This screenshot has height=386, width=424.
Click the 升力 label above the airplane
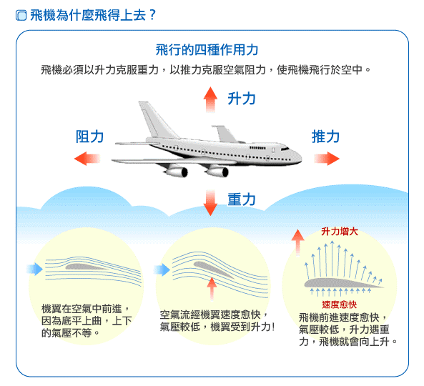tap(242, 99)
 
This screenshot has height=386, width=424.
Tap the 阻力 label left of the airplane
tap(89, 137)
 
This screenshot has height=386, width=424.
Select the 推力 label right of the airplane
tap(325, 137)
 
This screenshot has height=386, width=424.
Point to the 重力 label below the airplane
tap(242, 199)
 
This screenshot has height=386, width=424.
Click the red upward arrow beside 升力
tap(210, 99)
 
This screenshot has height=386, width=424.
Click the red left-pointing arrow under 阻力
tap(87, 159)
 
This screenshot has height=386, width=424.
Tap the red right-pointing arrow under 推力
tap(327, 159)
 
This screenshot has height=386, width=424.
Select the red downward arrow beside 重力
tap(210, 203)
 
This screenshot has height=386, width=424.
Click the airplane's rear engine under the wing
tap(177, 172)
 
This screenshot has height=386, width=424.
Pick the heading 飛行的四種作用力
tap(207, 50)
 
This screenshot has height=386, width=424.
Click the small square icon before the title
tap(21, 15)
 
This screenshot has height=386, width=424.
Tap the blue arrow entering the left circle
tap(34, 269)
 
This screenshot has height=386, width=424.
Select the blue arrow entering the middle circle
tap(162, 269)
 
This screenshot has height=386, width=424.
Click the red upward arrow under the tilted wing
tap(212, 289)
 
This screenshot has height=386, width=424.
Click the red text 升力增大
tap(340, 232)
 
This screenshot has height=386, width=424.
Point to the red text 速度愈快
tap(340, 305)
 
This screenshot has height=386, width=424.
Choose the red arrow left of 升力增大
tap(297, 242)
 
